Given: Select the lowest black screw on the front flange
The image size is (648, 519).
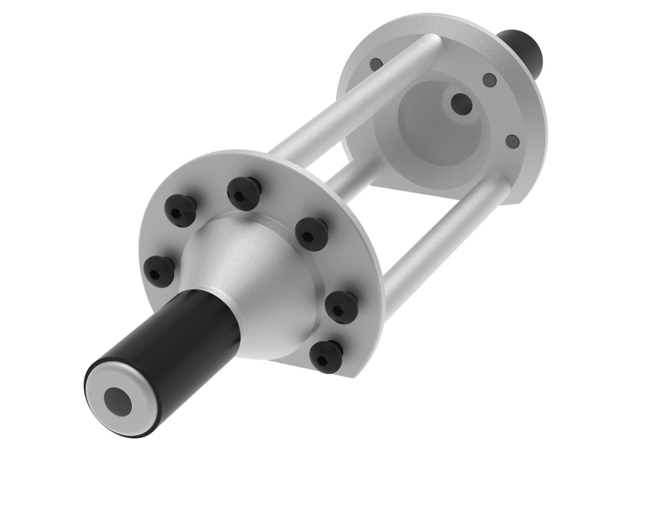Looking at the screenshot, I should (322, 353).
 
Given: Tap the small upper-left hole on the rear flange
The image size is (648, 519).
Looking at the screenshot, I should (376, 64).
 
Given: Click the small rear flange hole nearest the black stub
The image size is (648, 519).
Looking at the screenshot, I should (489, 80).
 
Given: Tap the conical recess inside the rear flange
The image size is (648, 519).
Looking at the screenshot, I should (430, 127).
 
